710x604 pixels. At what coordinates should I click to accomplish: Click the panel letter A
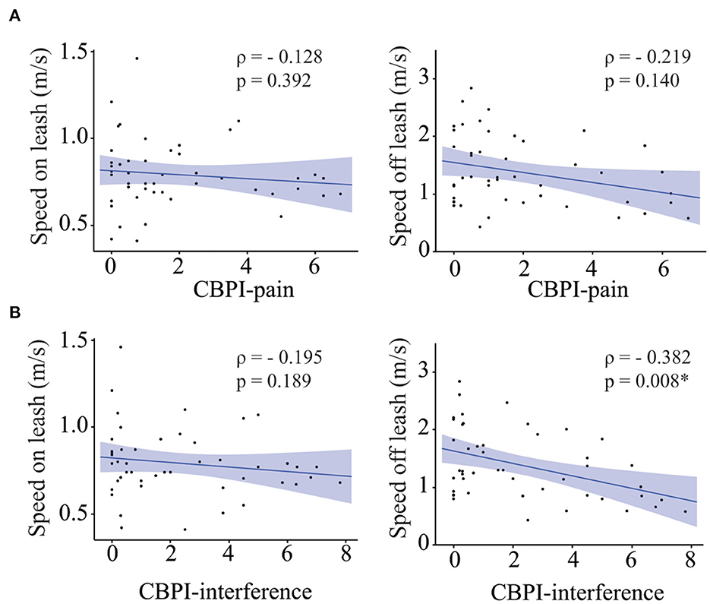13,17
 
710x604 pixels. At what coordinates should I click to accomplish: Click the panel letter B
13,311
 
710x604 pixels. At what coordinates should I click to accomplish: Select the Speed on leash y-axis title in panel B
43,448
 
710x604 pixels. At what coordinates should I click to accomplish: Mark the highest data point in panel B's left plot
120,346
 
